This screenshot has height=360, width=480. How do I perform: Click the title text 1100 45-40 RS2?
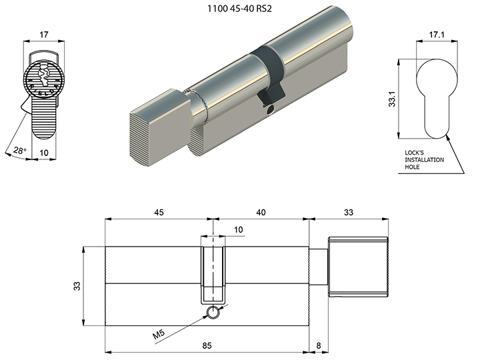click(239, 9)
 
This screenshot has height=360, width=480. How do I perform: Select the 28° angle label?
click(20, 150)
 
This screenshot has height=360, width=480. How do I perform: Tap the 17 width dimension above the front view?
click(44, 35)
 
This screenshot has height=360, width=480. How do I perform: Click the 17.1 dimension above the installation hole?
click(437, 35)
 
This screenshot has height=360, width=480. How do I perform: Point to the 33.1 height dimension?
click(392, 99)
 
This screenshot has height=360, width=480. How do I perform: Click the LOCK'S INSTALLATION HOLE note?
click(424, 160)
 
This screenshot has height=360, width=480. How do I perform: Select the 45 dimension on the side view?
click(159, 212)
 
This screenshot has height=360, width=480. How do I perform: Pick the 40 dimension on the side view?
click(261, 212)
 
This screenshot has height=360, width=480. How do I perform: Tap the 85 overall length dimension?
click(207, 345)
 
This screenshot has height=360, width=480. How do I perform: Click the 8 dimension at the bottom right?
click(319, 345)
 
